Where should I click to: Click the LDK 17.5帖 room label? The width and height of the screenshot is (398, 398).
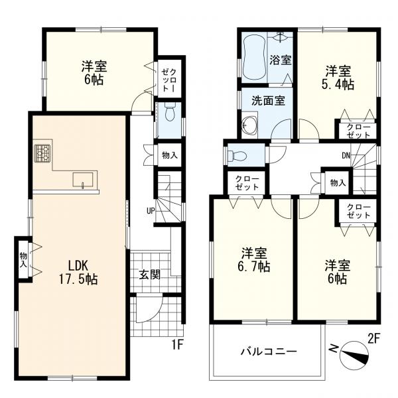click(79, 273)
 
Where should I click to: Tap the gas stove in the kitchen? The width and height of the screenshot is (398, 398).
click(42, 153)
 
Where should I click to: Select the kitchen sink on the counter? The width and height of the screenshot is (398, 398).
click(83, 180)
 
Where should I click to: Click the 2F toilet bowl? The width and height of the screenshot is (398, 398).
click(237, 155)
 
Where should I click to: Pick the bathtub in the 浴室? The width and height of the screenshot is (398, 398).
click(255, 58)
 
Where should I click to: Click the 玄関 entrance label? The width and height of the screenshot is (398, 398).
click(150, 275)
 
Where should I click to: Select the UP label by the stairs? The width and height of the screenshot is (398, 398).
click(151, 211)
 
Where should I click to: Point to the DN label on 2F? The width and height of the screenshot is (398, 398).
click(346, 155)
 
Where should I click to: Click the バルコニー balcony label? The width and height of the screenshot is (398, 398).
click(269, 352)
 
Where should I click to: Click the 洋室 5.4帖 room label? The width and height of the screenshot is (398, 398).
click(338, 78)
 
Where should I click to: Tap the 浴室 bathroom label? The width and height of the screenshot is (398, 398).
click(280, 60)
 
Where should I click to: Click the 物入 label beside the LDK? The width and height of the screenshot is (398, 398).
click(23, 259)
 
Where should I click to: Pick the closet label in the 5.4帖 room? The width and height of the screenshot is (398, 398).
click(358, 131)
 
